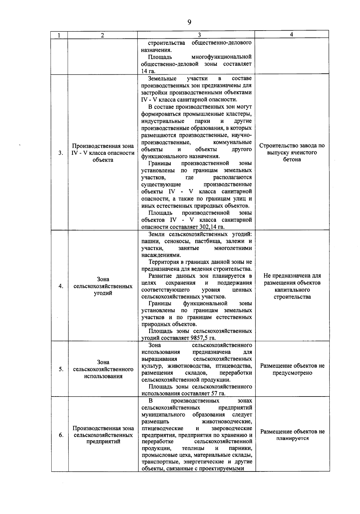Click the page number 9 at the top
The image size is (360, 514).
coord(189,22)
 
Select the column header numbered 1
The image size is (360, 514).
coord(59,35)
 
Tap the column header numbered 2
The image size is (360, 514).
coord(103,35)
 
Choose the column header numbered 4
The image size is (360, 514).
coord(292,34)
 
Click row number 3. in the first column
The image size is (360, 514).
coord(61,153)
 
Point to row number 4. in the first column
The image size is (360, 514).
coord(61,286)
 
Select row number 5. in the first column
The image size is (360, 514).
coord(61,369)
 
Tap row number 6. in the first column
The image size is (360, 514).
coord(61,435)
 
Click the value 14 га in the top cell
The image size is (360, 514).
coord(148,71)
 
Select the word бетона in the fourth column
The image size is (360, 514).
coord(292,159)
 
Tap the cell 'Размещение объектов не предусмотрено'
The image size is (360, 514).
coord(292,369)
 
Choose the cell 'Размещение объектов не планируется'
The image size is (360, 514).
coord(292,435)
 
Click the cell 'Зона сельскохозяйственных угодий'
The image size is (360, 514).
coord(103,286)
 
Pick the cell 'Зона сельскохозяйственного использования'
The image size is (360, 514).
coord(103,369)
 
